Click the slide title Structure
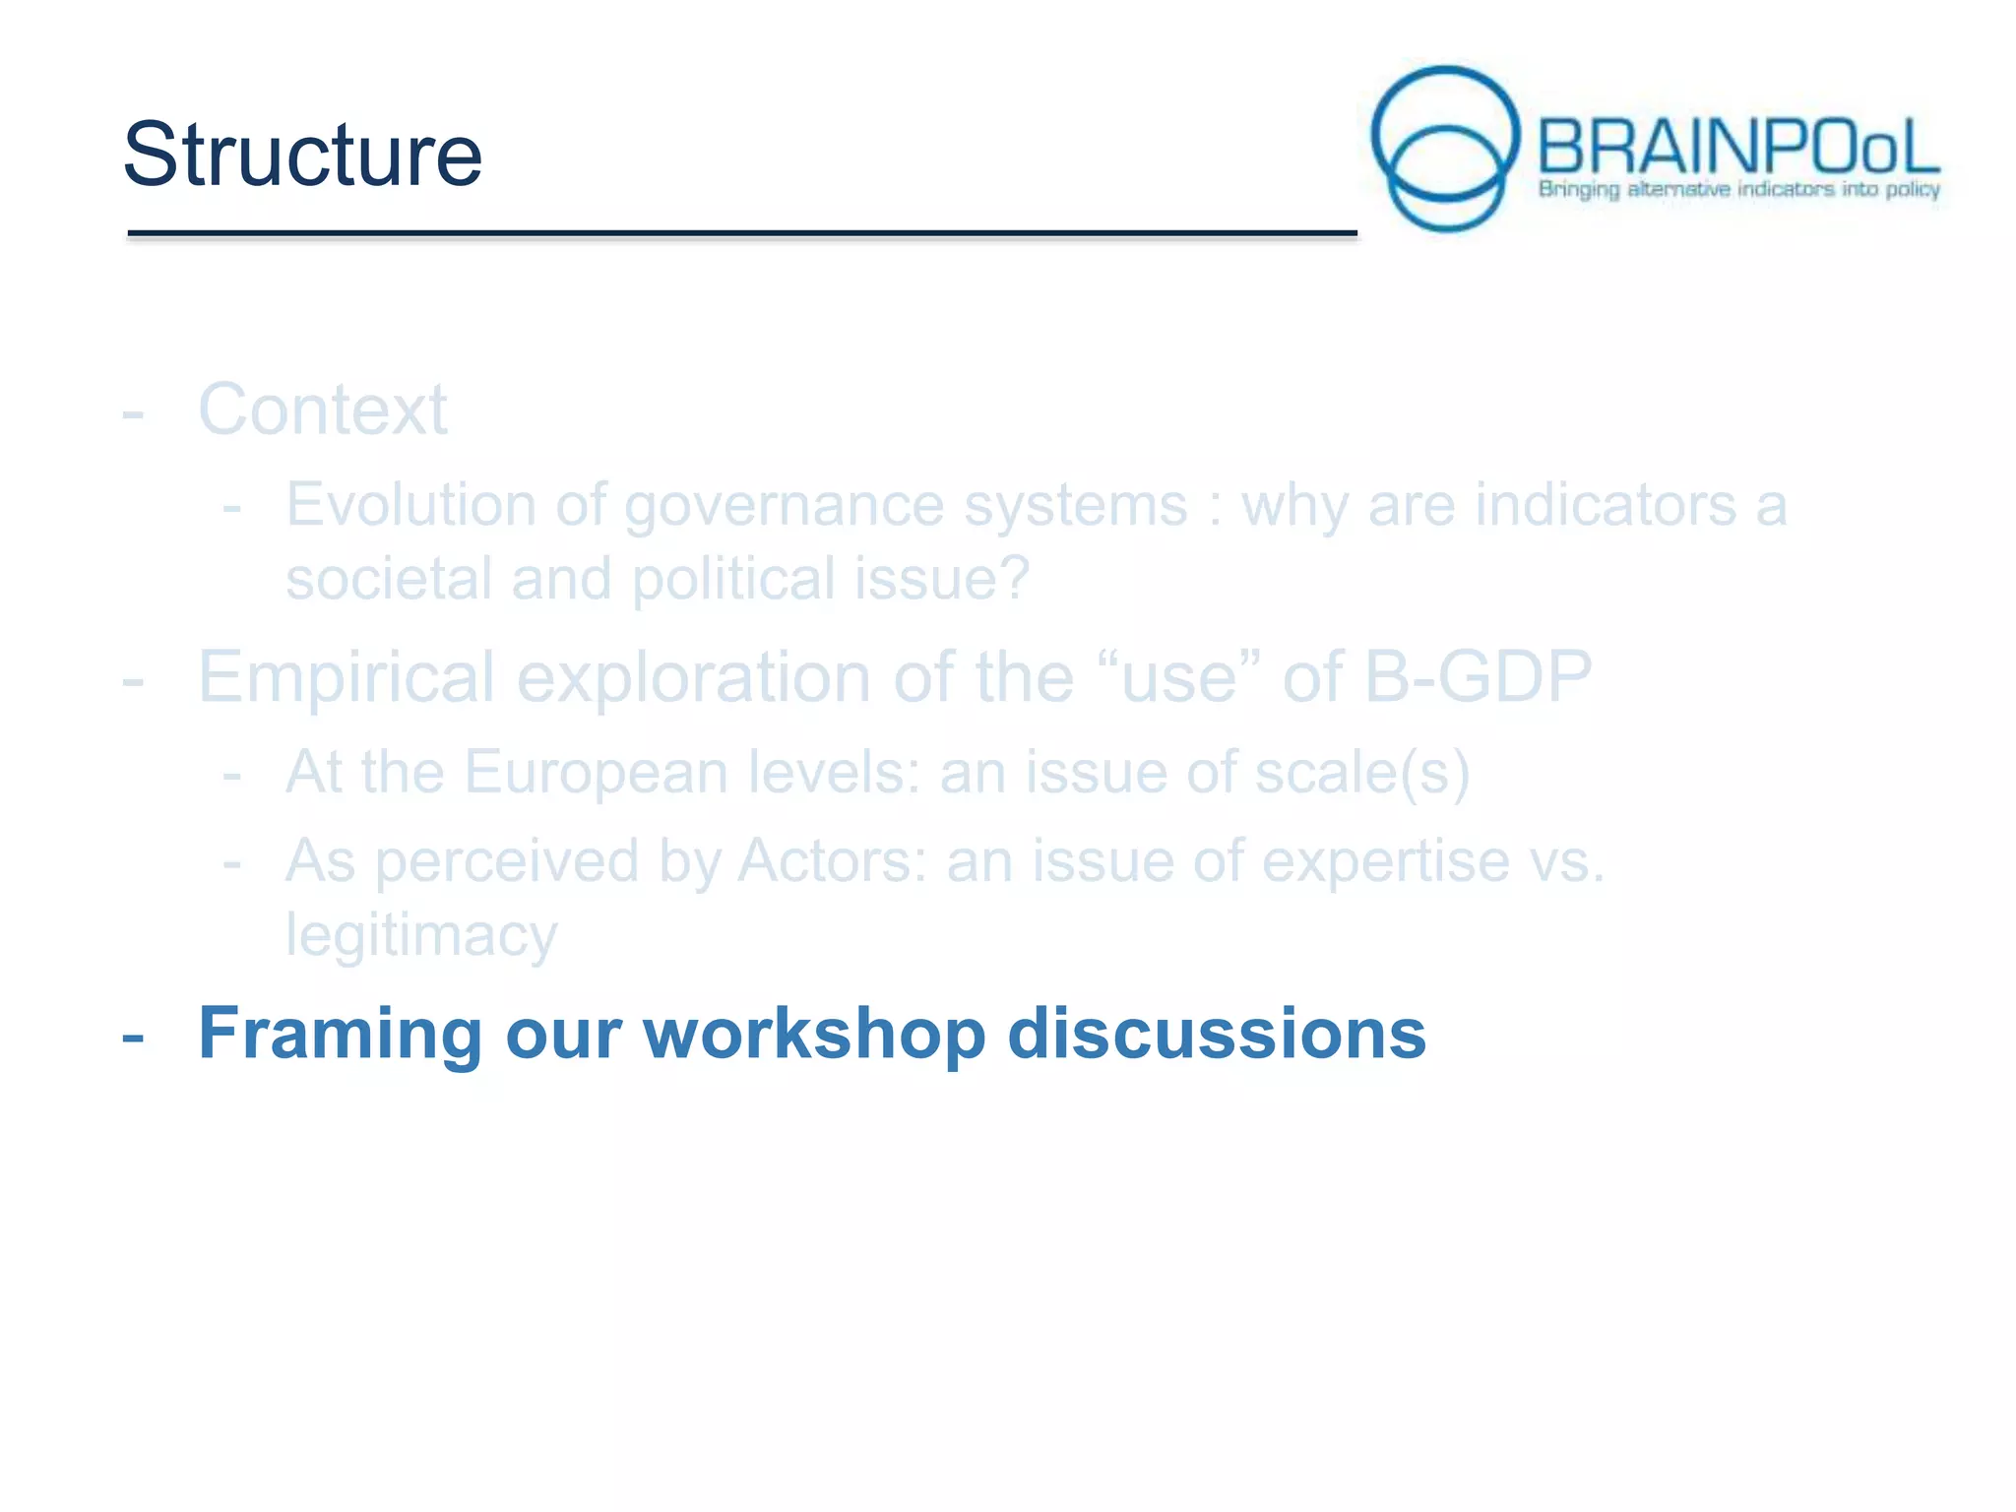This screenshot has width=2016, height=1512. [302, 155]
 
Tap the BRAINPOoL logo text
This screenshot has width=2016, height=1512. [1737, 148]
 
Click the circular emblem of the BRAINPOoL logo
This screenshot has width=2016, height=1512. [1445, 149]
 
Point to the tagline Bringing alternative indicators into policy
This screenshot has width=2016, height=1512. [1738, 189]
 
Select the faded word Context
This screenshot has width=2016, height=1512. [323, 409]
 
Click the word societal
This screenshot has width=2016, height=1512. [388, 579]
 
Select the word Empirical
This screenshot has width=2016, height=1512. [346, 678]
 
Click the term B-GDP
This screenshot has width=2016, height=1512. [1477, 678]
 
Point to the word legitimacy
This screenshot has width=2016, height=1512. [421, 935]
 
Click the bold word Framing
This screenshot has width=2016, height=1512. [340, 1034]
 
